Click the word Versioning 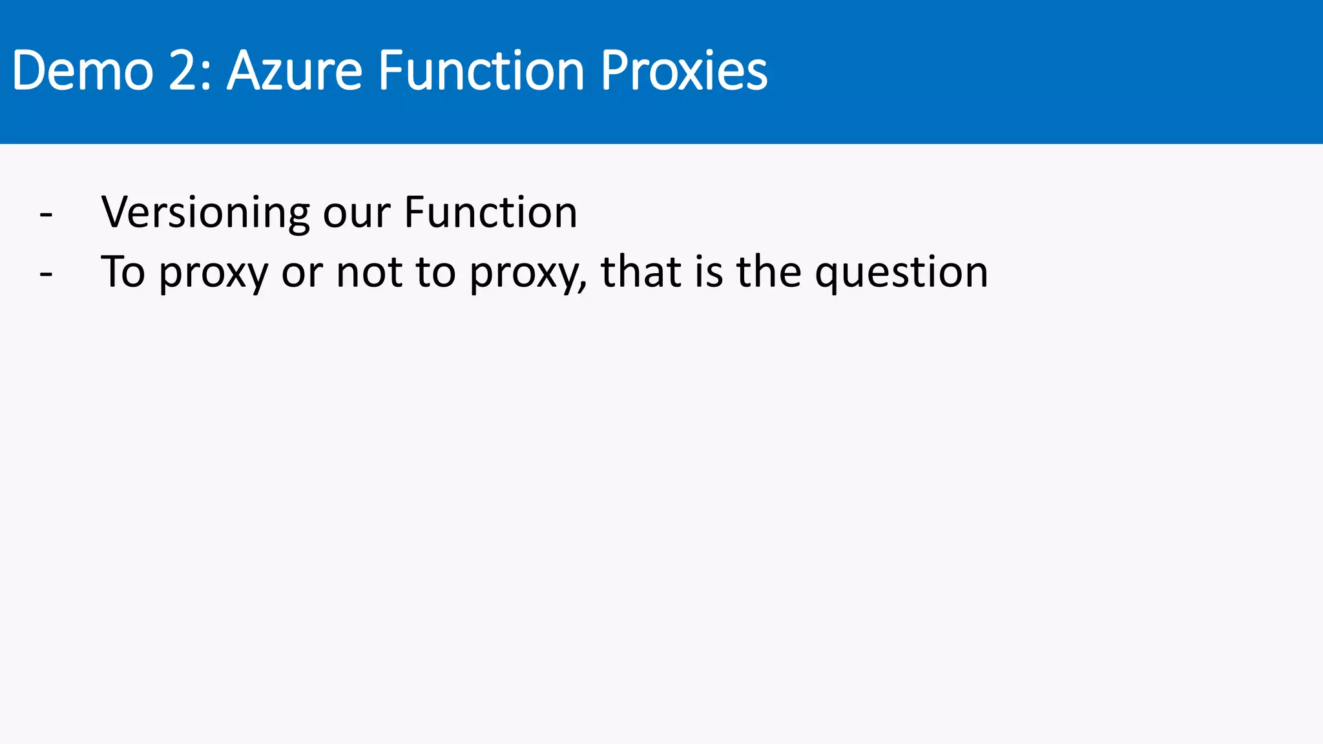(205, 212)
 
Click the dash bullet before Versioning (46, 214)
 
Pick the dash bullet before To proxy (46, 273)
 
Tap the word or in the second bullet (302, 273)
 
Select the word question (901, 273)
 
